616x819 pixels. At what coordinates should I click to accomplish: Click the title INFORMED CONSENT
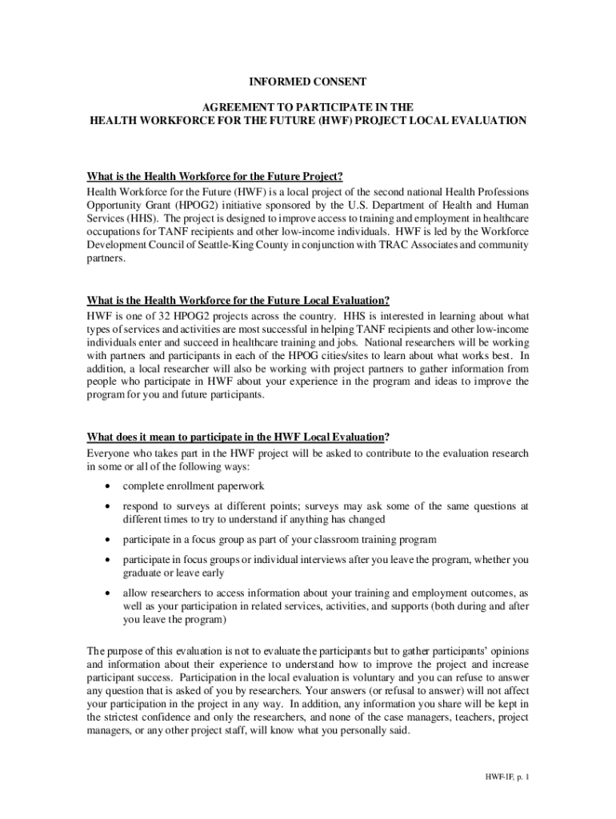(307, 82)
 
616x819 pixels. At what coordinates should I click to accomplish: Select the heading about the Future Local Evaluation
(238, 301)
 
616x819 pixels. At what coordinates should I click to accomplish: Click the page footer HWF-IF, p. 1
(506, 777)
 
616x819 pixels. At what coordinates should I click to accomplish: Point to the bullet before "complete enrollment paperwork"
(107, 486)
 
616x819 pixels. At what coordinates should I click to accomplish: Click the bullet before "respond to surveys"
(107, 506)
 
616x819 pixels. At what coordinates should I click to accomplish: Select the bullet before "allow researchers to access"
(107, 593)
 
